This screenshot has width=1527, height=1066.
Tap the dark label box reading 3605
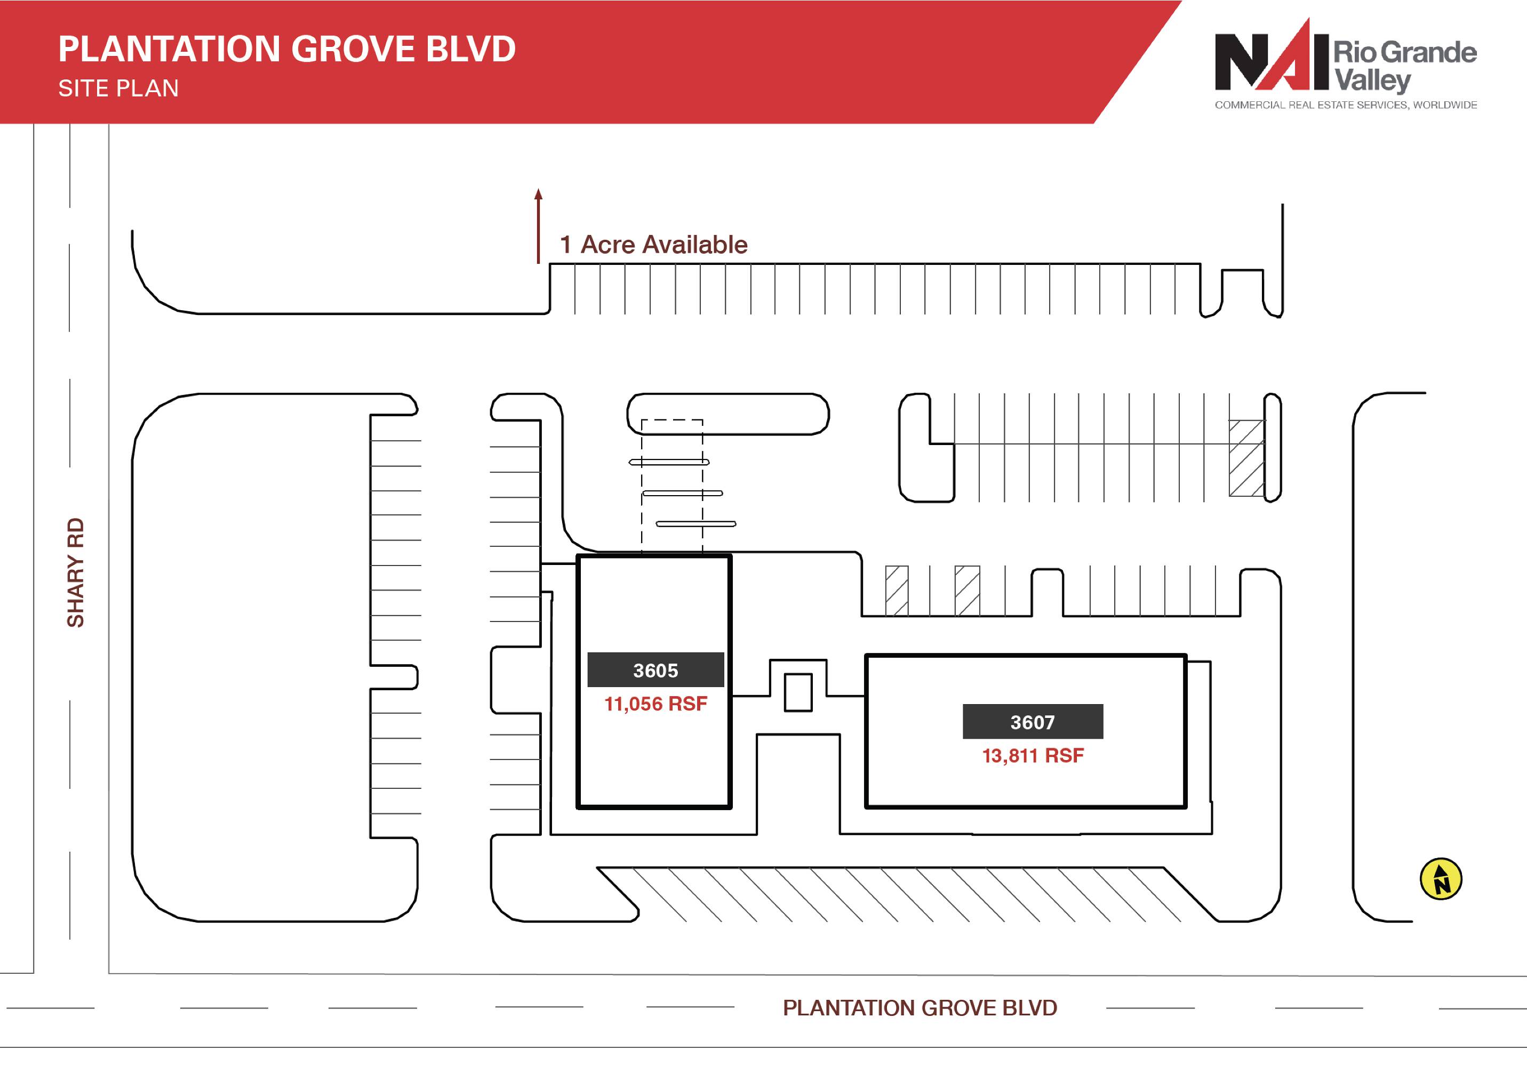click(655, 670)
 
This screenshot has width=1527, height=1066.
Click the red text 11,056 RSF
click(655, 704)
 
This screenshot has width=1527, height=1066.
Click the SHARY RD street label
click(76, 572)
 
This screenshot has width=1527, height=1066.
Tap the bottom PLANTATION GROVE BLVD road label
click(920, 1007)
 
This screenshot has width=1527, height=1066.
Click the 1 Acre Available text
click(654, 245)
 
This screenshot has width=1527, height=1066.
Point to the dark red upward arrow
click(539, 226)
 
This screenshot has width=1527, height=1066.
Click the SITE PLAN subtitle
click(118, 88)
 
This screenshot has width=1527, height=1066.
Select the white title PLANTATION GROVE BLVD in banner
click(286, 49)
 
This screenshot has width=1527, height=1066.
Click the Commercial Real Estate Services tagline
click(1346, 105)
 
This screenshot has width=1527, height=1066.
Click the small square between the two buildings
click(798, 692)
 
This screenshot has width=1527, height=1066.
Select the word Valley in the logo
click(1372, 81)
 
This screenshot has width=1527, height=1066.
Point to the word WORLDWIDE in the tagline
click(1445, 105)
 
